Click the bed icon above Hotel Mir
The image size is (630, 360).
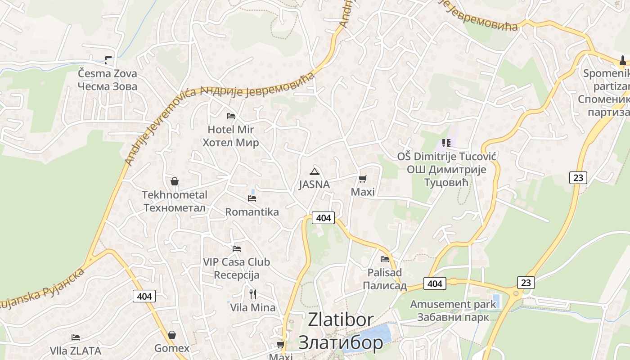click(x=231, y=116)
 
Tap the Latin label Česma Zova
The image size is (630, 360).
click(x=108, y=73)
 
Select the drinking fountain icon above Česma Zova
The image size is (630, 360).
click(x=108, y=60)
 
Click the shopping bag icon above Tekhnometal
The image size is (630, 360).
click(x=175, y=182)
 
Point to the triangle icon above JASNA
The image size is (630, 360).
click(x=315, y=171)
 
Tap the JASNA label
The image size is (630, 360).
click(x=315, y=184)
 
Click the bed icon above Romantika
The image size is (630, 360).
click(x=252, y=198)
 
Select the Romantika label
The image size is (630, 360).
click(x=252, y=212)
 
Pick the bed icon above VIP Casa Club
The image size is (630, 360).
click(x=237, y=248)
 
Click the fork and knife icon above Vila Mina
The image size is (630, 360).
click(x=253, y=294)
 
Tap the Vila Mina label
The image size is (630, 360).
click(x=253, y=308)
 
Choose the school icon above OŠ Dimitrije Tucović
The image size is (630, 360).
click(x=446, y=143)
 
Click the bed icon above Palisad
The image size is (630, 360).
click(x=385, y=259)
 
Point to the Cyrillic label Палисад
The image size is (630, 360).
click(x=385, y=286)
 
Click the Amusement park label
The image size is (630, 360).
click(x=453, y=304)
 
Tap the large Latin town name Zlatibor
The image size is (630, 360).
click(x=341, y=320)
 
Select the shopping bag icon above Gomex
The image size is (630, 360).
click(x=171, y=335)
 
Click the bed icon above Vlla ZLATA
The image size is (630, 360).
click(x=76, y=337)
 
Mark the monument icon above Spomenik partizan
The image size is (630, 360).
click(x=623, y=60)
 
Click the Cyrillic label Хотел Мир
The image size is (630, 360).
click(x=231, y=143)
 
